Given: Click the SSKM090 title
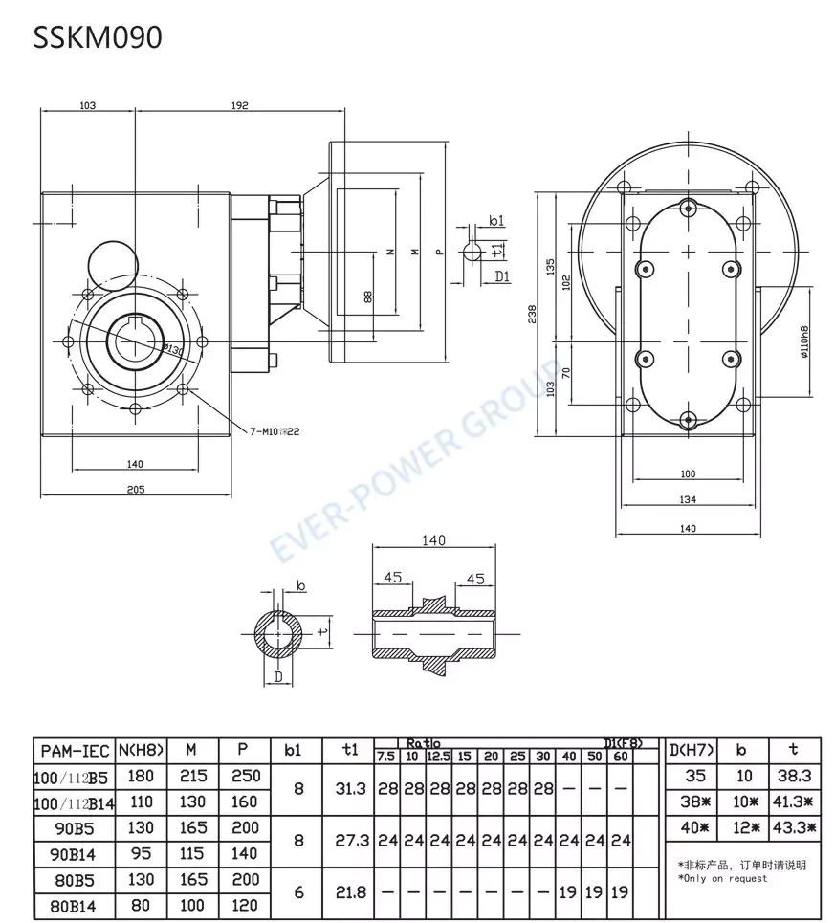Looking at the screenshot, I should [98, 37].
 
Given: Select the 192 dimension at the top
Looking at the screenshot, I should [239, 106].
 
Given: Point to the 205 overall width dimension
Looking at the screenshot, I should [135, 489].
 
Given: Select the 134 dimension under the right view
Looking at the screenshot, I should [688, 499].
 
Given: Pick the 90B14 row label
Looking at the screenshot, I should [75, 851].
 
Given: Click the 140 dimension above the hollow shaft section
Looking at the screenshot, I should [433, 540].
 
